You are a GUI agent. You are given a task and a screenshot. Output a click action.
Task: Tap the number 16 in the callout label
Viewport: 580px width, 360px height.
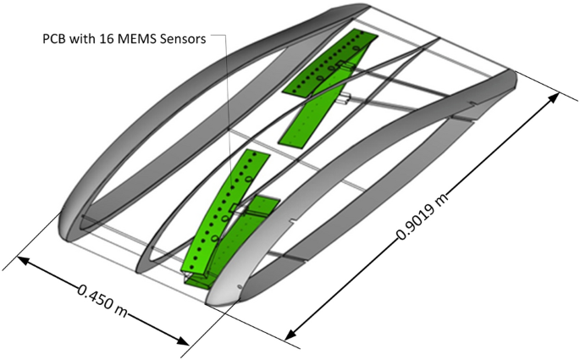[x=108, y=39]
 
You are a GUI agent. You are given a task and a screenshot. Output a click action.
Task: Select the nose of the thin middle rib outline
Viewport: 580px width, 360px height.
[x=144, y=254]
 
